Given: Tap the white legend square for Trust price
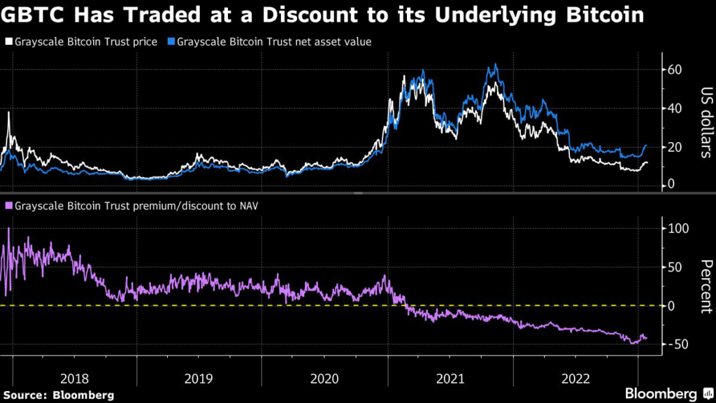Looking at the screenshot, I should pos(8,42).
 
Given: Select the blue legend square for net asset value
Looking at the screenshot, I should pos(171,42).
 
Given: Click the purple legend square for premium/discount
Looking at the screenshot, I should pos(8,206).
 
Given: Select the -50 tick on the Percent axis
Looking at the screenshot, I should pos(675,344).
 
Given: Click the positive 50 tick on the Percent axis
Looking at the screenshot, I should pos(673,268).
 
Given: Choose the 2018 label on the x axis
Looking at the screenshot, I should pos(74,379).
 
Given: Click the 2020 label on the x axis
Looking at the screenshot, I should pos(324,379).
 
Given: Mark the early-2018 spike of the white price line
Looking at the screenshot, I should pos(8,113).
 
